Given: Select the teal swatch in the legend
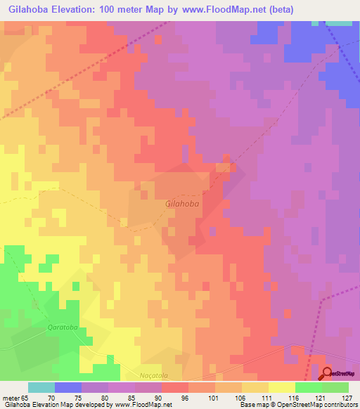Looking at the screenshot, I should (41, 387).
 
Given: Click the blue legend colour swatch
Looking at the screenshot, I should (67, 387).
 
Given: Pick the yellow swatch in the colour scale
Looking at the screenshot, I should (282, 387).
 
